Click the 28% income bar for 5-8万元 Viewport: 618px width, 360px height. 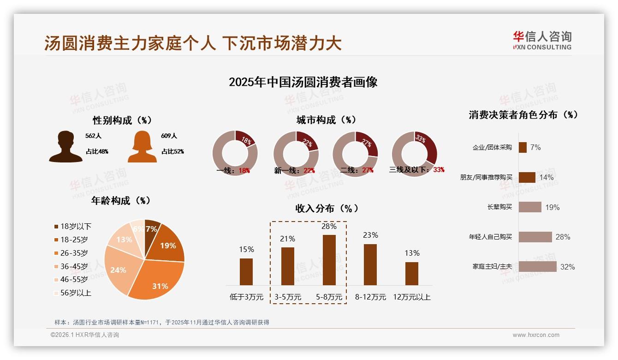coord(329,260)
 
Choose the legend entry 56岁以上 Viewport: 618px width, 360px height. coord(72,293)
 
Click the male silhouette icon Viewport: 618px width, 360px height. coord(65,147)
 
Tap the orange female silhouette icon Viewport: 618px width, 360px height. coord(142,147)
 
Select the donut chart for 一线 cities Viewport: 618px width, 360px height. coord(235,153)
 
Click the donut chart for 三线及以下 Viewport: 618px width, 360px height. coord(414,153)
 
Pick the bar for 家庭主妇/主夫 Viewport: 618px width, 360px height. coord(537,266)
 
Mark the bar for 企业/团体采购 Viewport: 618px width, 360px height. coord(523,147)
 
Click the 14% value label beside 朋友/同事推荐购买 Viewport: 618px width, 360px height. coord(546,177)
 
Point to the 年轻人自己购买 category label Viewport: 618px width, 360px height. coord(490,237)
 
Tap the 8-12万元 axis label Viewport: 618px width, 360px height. coord(370,297)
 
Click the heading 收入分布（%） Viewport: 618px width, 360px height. coord(327,208)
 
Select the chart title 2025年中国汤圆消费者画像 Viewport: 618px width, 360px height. coord(303,82)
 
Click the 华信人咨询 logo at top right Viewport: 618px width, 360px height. coord(542,40)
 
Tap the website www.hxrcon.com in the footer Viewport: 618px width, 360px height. coord(536,335)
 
